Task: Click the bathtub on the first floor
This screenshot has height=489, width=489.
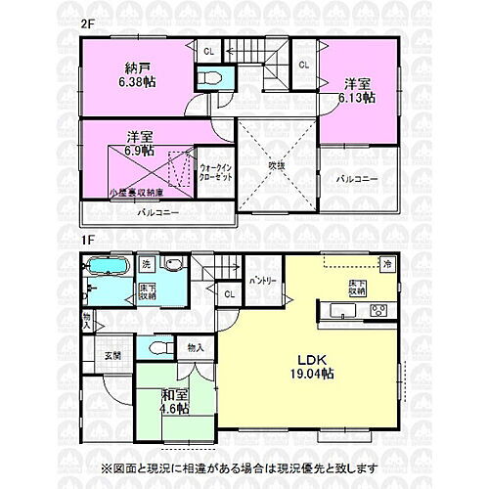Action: pyautogui.click(x=106, y=268)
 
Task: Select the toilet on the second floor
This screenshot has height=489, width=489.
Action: pyautogui.click(x=209, y=78)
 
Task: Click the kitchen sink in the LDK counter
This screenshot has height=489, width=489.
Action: pyautogui.click(x=345, y=312)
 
